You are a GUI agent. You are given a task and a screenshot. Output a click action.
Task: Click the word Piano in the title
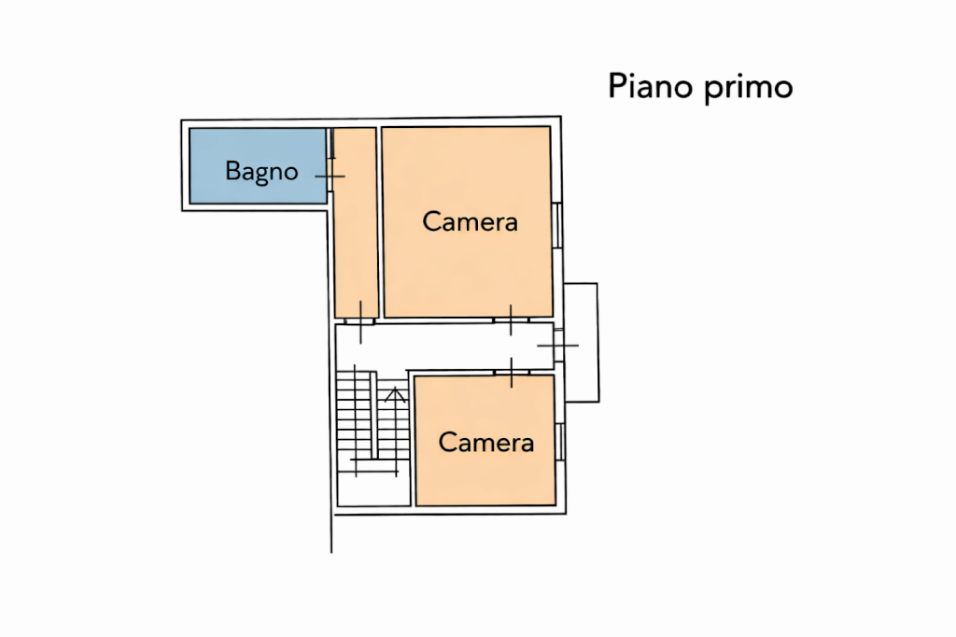[645, 87]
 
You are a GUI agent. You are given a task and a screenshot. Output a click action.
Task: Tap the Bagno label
[261, 171]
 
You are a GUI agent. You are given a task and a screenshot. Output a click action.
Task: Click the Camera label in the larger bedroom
[470, 222]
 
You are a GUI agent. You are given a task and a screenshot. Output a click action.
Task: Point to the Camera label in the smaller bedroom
[485, 442]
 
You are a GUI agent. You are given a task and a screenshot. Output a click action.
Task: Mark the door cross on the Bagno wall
[330, 176]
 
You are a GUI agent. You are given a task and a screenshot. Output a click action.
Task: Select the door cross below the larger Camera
[511, 319]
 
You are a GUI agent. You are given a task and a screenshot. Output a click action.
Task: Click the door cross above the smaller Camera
[512, 372]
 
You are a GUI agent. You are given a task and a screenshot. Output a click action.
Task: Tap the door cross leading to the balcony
[559, 346]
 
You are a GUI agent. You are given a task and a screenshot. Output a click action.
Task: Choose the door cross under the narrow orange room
[360, 319]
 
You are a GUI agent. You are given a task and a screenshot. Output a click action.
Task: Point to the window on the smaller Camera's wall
[560, 441]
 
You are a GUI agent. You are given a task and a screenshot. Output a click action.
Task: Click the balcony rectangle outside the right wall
[582, 342]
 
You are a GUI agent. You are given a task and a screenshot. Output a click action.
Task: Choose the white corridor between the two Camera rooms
[439, 345]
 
